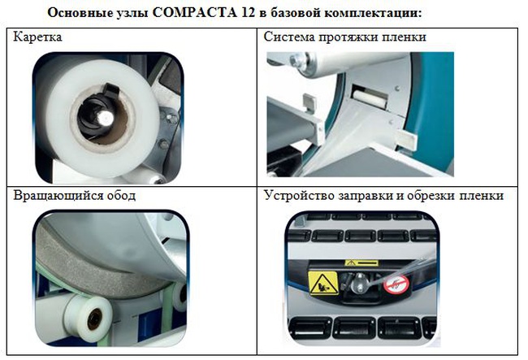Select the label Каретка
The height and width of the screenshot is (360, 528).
pos(37,37)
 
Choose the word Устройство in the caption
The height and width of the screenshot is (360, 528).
pos(300,195)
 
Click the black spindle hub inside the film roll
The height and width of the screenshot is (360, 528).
pos(97,113)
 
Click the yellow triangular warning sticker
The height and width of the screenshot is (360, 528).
pos(323,283)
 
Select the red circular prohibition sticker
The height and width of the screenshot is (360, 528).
pos(396,284)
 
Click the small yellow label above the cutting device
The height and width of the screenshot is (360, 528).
pos(361,263)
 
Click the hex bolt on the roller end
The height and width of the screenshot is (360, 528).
pos(296,59)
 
